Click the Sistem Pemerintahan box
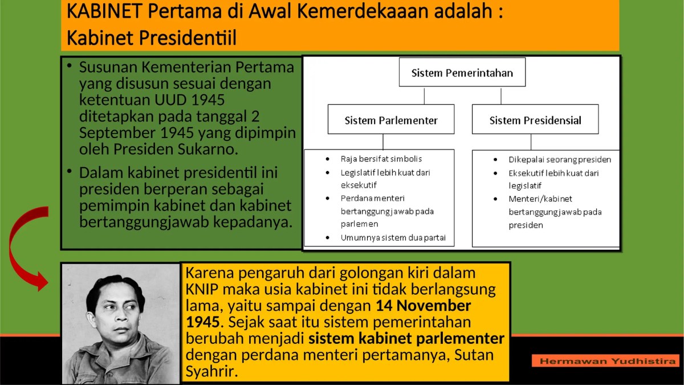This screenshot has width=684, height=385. click(462, 72)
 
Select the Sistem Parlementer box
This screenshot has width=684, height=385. click(391, 120)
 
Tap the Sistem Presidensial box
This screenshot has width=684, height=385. click(535, 120)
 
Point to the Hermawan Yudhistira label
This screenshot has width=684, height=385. click(606, 361)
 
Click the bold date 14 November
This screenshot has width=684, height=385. click(423, 305)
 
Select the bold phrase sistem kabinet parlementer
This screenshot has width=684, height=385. click(406, 338)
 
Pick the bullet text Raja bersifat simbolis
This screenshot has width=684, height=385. click(381, 159)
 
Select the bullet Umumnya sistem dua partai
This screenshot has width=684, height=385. click(393, 237)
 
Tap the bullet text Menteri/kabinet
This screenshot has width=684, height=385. click(532, 198)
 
